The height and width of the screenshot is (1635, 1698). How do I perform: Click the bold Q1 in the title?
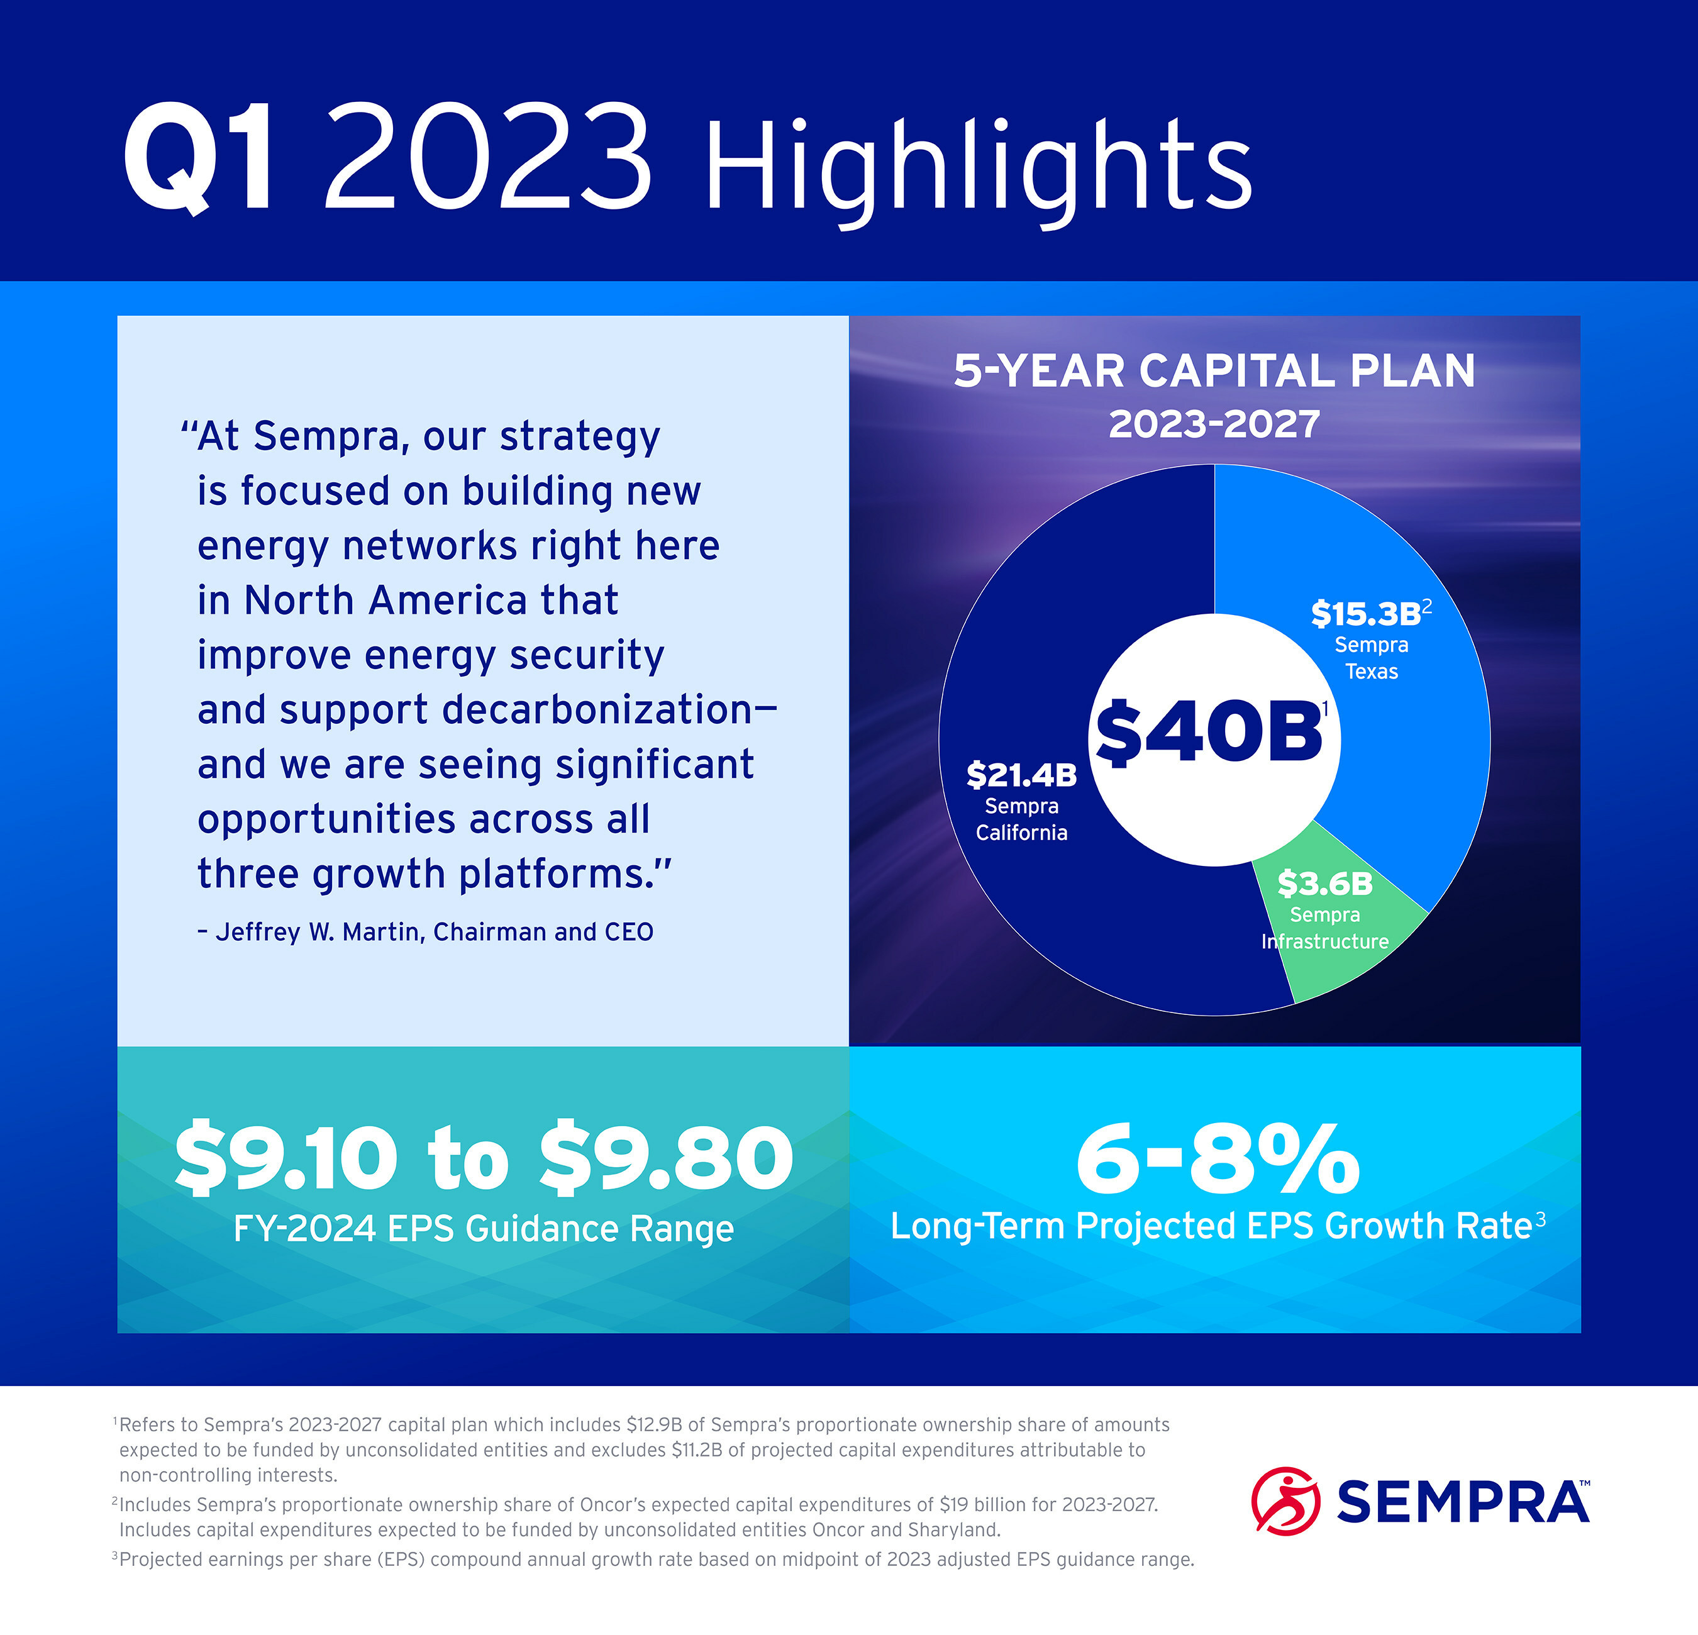coord(200,158)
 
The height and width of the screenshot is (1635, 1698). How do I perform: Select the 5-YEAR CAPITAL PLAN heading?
coord(1214,371)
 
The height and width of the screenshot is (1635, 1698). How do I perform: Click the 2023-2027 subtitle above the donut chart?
coord(1214,424)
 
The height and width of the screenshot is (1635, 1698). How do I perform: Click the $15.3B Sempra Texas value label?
coord(1365,614)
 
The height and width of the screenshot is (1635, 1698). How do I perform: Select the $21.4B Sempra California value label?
coord(1021,775)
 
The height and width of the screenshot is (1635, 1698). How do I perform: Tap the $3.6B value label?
coord(1324,884)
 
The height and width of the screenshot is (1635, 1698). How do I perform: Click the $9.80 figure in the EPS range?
coord(665,1158)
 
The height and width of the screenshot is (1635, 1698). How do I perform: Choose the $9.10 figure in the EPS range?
coord(286,1158)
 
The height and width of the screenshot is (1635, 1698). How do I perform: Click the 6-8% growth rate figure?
coord(1217,1158)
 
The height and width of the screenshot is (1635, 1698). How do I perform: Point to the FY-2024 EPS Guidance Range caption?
coord(484,1229)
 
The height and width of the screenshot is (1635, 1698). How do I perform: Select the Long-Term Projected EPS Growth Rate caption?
coord(1211,1226)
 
